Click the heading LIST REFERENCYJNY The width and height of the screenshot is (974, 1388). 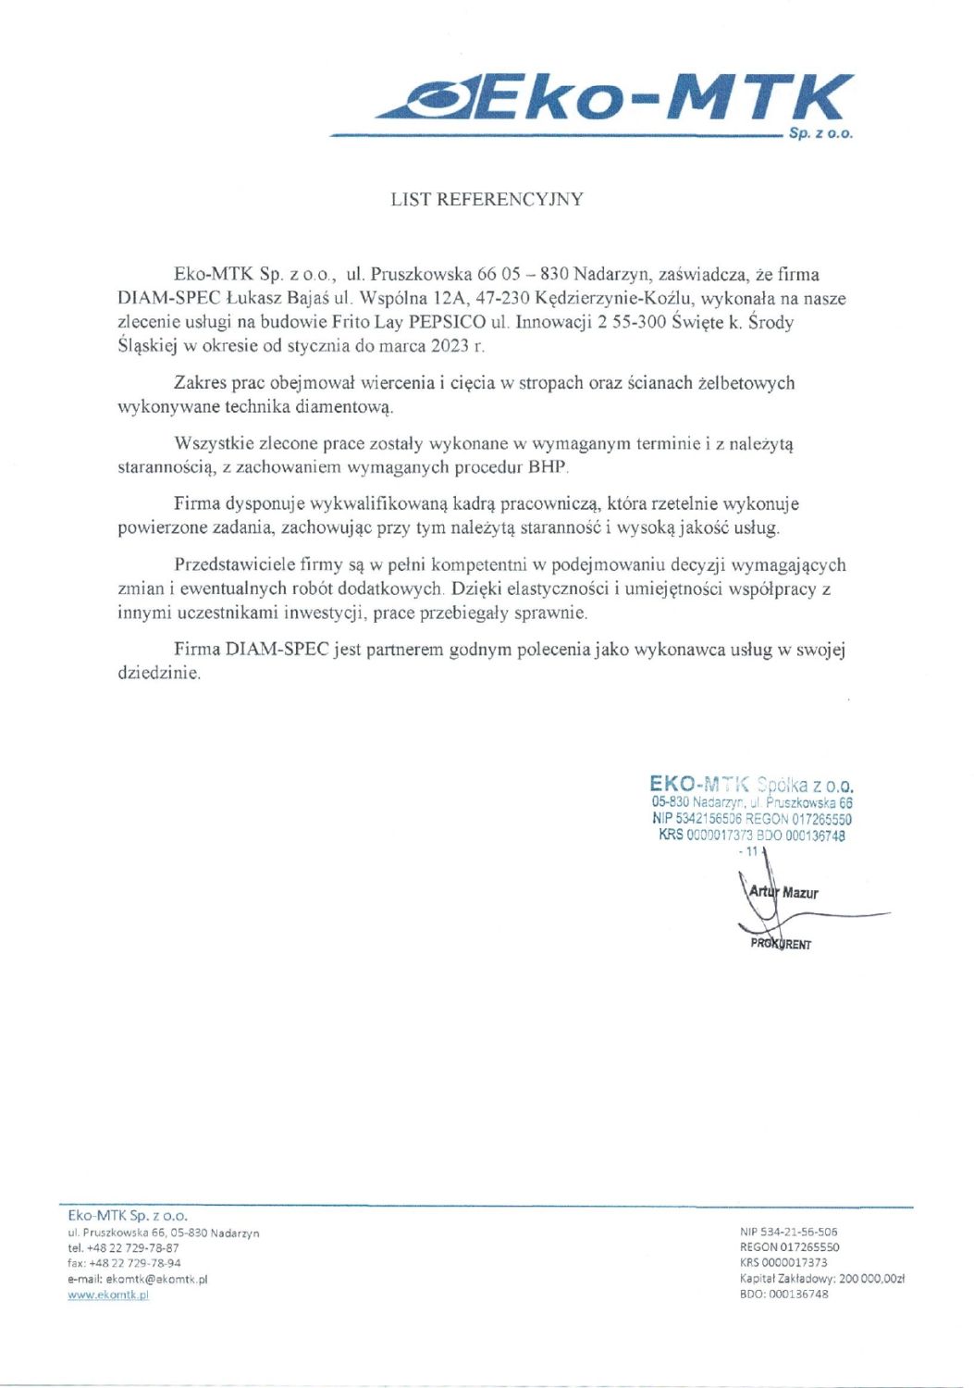pyautogui.click(x=487, y=199)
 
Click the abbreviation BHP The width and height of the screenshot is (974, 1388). pyautogui.click(x=548, y=467)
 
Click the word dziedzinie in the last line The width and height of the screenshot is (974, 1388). pyautogui.click(x=158, y=674)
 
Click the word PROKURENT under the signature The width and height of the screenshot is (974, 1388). pyautogui.click(x=781, y=945)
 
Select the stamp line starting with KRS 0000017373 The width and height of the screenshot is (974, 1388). pyautogui.click(x=751, y=836)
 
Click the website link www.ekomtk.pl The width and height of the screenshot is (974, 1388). pyautogui.click(x=108, y=1295)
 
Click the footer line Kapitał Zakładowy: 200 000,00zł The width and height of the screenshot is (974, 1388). pyautogui.click(x=821, y=1279)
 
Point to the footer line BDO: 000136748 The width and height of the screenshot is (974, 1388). pyautogui.click(x=784, y=1295)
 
